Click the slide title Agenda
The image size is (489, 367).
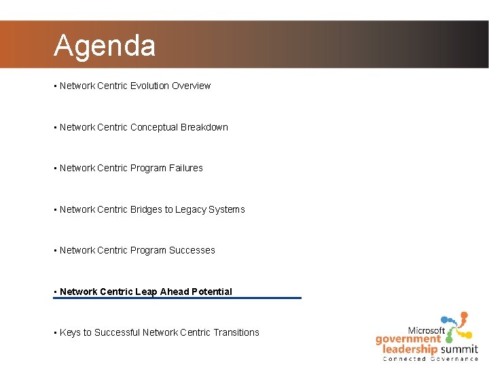(105, 46)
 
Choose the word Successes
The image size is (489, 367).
(192, 250)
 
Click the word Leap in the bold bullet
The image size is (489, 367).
(146, 292)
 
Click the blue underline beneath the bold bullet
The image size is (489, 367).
(177, 298)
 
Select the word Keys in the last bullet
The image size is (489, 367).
(70, 332)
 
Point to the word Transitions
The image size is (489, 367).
(236, 332)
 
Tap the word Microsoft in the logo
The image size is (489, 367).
(426, 330)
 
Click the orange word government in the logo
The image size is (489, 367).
(408, 339)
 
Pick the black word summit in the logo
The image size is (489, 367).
(458, 349)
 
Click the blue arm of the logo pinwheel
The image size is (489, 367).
(448, 320)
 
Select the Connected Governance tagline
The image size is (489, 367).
(431, 358)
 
